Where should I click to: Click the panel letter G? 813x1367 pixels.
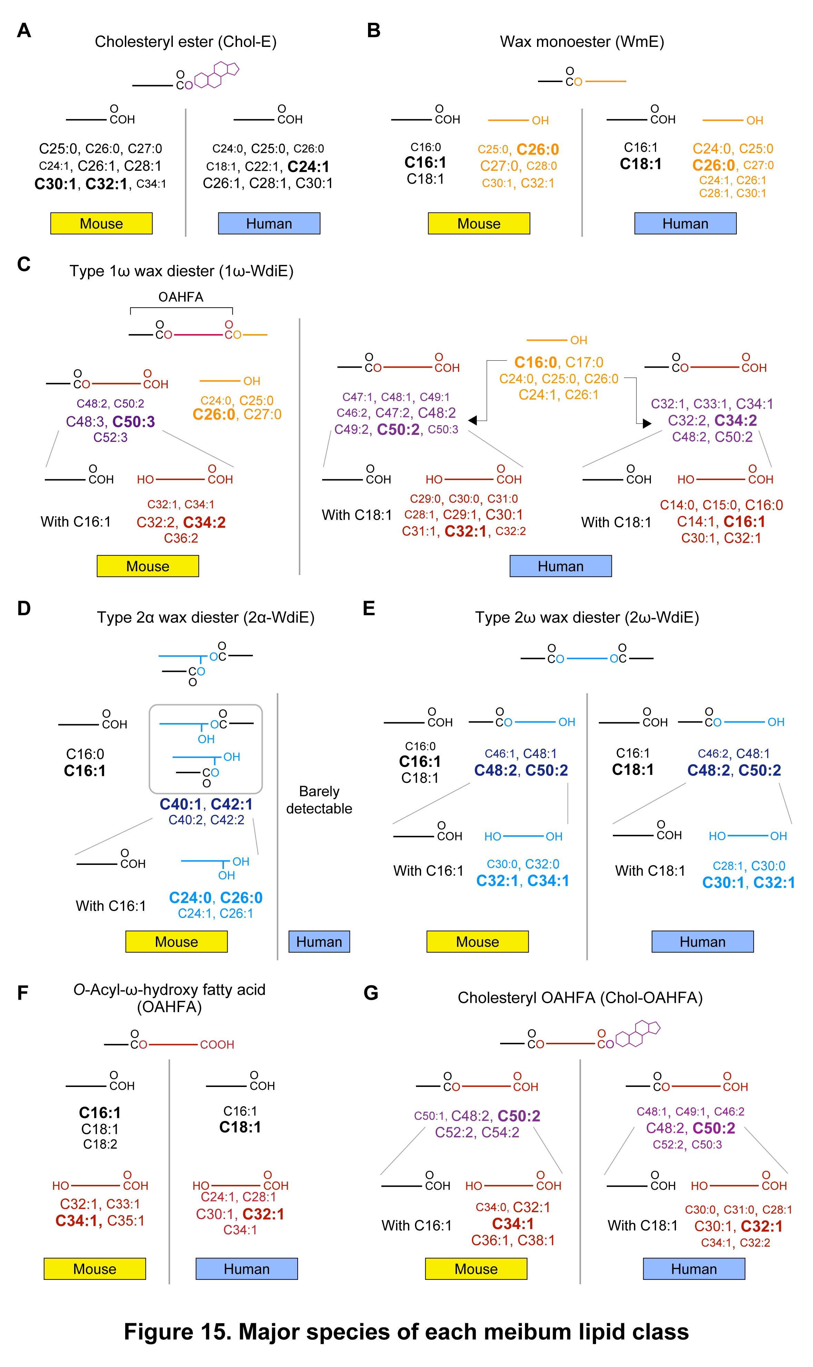coord(371,993)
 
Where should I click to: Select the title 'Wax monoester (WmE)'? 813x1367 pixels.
coord(582,42)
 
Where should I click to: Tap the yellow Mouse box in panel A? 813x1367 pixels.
coord(101,223)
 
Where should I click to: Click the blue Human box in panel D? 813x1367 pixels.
coord(319,941)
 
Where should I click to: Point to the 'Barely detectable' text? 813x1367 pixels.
coord(319,800)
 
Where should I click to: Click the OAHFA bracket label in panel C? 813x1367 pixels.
coord(181,297)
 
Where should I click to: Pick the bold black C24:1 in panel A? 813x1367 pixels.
coord(308,167)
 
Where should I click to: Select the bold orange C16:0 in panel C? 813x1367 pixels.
coord(535,362)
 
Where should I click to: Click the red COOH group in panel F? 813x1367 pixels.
coord(217,1045)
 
